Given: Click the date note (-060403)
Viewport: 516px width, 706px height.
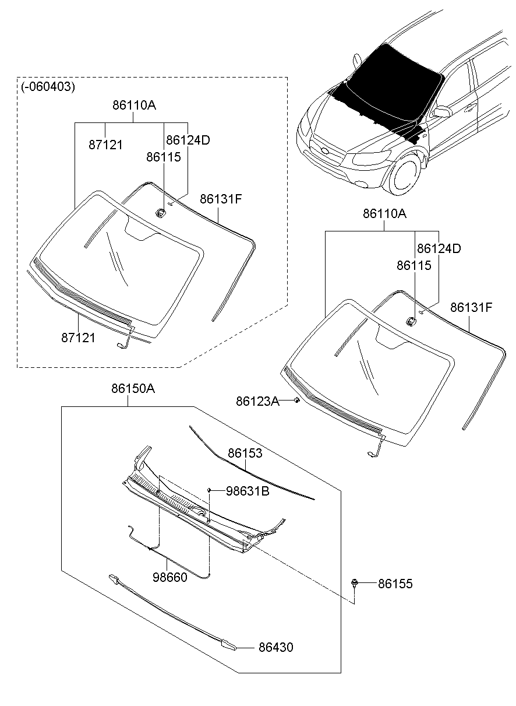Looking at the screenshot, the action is [x=48, y=87].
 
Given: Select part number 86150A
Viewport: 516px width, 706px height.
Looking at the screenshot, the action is [x=133, y=389].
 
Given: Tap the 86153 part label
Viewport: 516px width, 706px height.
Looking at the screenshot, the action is [x=245, y=453].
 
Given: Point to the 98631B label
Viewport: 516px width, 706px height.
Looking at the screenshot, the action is [x=248, y=491].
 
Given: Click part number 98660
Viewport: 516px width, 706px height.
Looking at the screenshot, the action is [x=170, y=577].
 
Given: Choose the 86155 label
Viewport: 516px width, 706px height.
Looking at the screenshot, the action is [x=395, y=584].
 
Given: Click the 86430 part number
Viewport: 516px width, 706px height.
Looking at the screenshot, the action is [x=276, y=647].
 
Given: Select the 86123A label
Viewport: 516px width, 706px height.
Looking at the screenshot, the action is [x=257, y=401].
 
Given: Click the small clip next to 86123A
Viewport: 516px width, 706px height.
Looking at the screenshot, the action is [x=296, y=401].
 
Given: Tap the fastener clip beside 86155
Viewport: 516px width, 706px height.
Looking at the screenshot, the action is [x=355, y=583].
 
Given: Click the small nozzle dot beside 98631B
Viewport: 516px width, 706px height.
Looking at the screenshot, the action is [x=208, y=490].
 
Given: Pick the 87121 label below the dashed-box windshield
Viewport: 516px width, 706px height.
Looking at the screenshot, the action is [x=78, y=338].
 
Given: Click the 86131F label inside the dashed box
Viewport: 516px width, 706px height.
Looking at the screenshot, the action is [x=221, y=199].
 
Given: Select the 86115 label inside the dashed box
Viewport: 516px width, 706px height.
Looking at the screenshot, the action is [x=164, y=157].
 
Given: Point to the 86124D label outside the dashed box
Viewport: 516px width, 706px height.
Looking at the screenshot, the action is [x=439, y=248].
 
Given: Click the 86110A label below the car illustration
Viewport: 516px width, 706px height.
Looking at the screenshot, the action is [x=384, y=214].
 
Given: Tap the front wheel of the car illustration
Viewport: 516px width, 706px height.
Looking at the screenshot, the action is [x=406, y=174].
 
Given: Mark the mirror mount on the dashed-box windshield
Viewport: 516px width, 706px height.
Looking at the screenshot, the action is [x=161, y=212].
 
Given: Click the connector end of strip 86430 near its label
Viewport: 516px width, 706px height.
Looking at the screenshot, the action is [x=228, y=645].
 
